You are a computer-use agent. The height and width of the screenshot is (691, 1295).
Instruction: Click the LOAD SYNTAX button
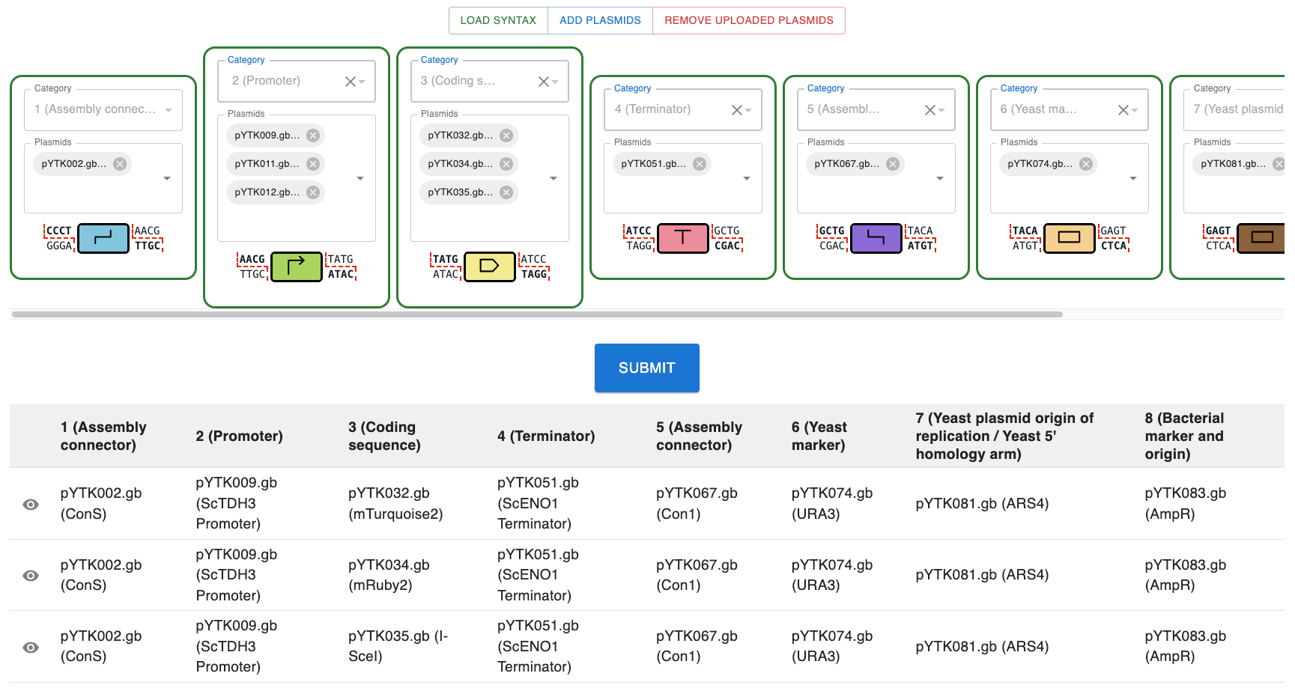point(498,20)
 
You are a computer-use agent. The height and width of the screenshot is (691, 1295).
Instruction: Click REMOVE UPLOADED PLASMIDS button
point(748,20)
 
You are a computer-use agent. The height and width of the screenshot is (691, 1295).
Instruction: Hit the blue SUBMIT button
point(646,368)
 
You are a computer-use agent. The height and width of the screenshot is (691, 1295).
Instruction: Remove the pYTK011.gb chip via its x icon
point(313,164)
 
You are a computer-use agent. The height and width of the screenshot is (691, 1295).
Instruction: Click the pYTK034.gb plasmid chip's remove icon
point(506,164)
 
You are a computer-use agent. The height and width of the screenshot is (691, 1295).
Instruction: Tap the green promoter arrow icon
point(296,267)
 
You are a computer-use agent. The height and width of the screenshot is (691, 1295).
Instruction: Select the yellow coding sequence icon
point(489,267)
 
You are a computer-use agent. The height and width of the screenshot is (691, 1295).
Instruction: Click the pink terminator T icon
point(682,238)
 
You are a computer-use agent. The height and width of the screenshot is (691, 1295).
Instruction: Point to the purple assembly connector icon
point(876,238)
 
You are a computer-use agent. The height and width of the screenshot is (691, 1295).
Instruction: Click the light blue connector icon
point(103,238)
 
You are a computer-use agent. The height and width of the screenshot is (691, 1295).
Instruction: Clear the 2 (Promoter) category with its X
point(350,82)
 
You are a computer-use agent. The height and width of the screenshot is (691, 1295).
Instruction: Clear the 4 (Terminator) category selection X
point(736,110)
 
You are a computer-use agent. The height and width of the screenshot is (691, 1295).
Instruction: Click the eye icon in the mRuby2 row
point(31,576)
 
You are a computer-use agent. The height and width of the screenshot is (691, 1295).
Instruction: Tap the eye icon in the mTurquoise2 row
point(31,505)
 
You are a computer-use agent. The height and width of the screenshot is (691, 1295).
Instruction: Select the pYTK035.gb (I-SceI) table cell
point(398,646)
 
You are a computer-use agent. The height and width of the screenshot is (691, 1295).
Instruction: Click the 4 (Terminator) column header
point(546,436)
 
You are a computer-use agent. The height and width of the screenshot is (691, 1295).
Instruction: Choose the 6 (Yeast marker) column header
point(819,436)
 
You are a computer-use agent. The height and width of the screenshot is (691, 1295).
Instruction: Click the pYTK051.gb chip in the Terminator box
point(652,164)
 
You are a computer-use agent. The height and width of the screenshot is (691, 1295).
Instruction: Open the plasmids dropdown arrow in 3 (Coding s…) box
point(554,178)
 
